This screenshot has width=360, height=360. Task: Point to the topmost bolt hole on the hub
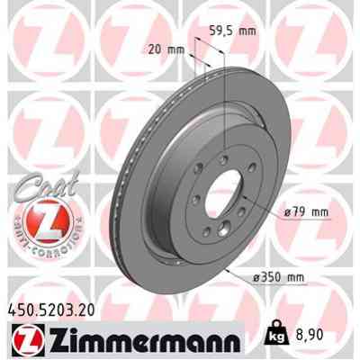[x=221, y=148]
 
